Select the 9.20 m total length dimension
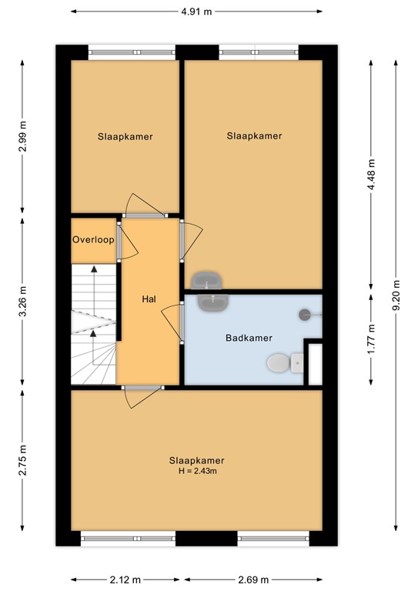pos(396,294)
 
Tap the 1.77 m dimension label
pos(372,338)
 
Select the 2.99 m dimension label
pos(22,137)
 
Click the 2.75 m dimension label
pos(22,460)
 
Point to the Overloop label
pos(93,239)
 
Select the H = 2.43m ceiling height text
pos(196,470)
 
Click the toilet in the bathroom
pos(279,362)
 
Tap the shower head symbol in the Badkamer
pos(306,313)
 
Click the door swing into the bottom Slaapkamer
pos(143,398)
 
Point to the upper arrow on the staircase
pos(93,282)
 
